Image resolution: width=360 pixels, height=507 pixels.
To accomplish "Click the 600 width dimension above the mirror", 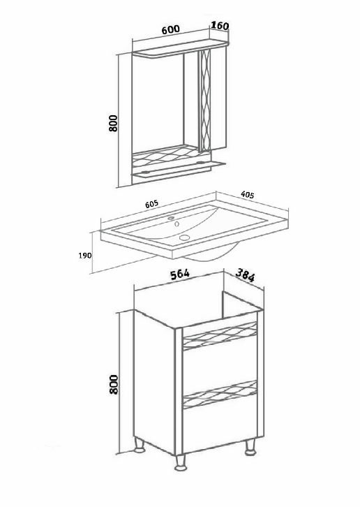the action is click(171, 29).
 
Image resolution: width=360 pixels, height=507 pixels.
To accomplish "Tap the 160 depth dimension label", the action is click(220, 26).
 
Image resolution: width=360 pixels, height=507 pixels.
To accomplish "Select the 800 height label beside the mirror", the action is click(113, 123).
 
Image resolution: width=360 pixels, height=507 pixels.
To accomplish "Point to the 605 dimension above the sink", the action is click(152, 204).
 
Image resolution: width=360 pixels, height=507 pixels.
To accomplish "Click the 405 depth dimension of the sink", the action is click(248, 195).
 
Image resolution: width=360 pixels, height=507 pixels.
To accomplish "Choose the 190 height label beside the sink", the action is click(85, 256).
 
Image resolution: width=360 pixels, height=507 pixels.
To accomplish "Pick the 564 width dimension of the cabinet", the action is click(180, 274).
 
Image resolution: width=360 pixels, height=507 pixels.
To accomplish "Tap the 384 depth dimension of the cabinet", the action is click(245, 275).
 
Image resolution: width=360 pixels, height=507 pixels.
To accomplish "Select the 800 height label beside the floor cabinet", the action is click(114, 385).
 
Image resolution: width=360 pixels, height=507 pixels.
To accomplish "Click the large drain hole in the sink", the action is click(184, 238).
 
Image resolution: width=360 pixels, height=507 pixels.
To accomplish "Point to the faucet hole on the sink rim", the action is click(171, 218).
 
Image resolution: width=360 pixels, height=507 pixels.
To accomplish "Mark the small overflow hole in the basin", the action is click(177, 223).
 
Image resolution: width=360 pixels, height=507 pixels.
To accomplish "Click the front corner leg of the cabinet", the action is click(181, 462).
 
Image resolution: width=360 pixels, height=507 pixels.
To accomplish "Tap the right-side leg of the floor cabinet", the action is click(250, 448).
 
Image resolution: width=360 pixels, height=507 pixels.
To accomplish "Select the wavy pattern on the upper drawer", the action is click(220, 337).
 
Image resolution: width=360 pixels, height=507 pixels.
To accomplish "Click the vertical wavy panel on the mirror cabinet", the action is click(206, 101).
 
